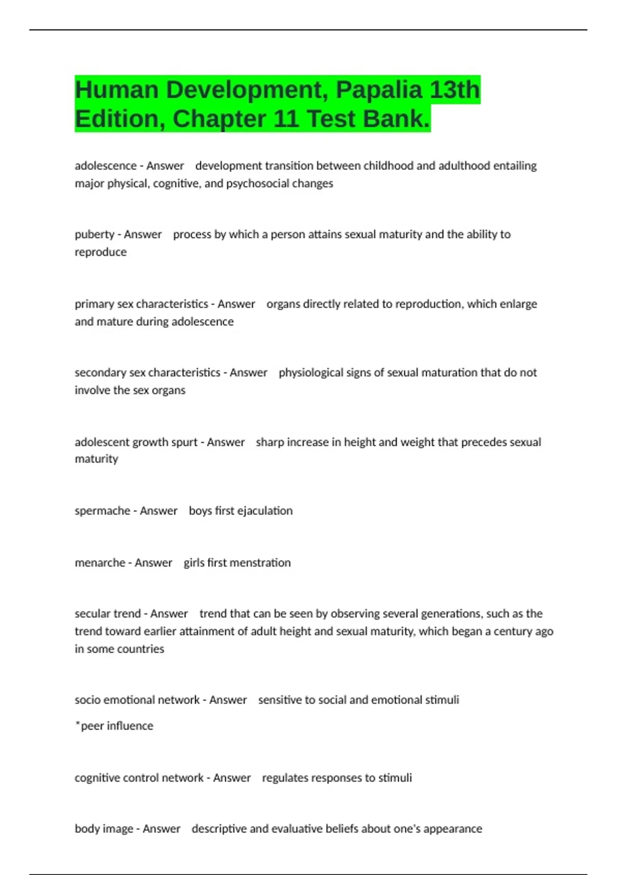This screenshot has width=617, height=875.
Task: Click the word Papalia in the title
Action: click(x=379, y=90)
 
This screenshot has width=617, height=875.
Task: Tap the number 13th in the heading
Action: click(x=455, y=90)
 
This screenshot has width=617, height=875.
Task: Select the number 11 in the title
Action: click(x=286, y=119)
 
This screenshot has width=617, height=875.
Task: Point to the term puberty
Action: click(x=95, y=235)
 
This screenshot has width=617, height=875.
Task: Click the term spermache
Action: click(x=102, y=511)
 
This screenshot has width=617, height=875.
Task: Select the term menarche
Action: click(x=100, y=563)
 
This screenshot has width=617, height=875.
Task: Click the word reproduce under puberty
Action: click(x=100, y=252)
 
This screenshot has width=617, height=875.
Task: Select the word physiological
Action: click(x=311, y=373)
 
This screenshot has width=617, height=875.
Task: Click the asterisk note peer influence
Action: click(x=114, y=726)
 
